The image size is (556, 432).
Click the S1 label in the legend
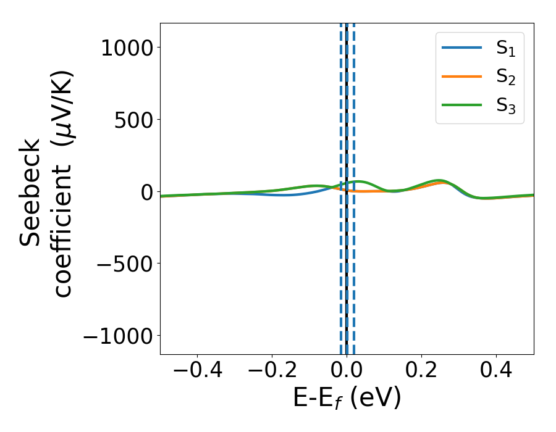pos(505,48)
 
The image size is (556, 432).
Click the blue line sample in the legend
pos(461,48)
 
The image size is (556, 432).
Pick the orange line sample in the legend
pos(461,77)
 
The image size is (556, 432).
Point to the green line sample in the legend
pos(461,105)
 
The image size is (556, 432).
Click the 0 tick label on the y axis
pos(146,192)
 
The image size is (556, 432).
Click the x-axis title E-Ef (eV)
pos(347,398)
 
